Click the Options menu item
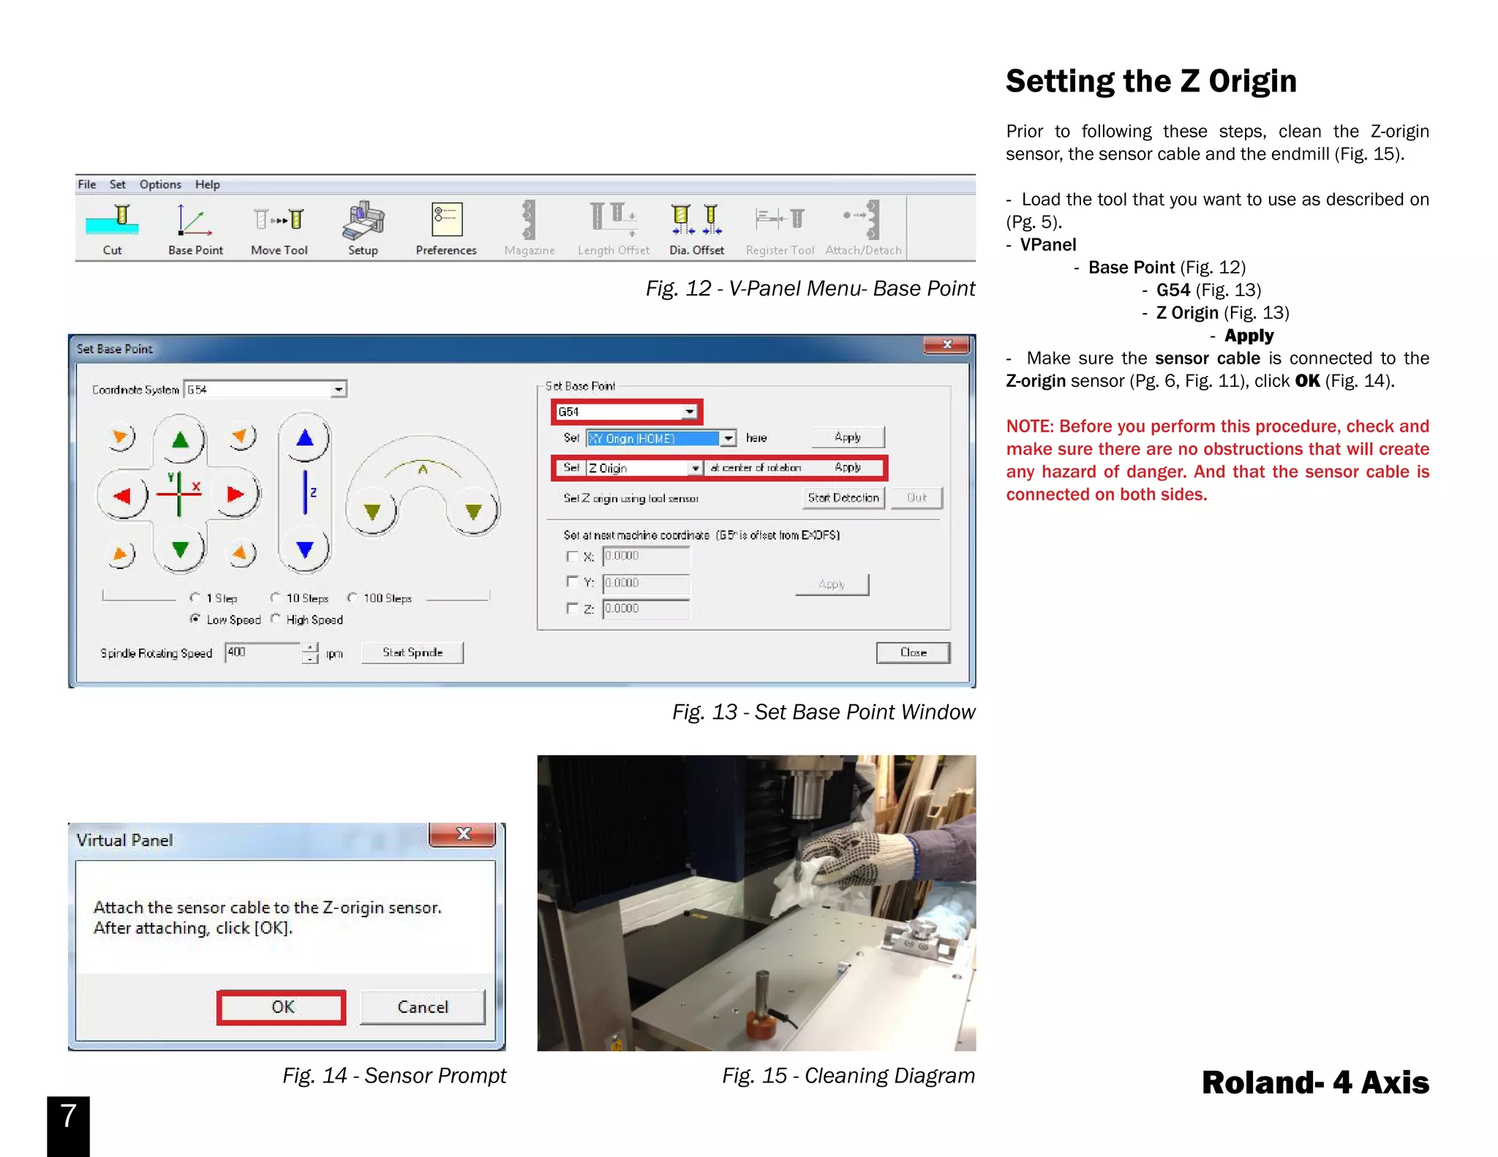(160, 184)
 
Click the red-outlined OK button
(282, 1007)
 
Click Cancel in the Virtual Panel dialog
(422, 1007)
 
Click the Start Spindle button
(413, 652)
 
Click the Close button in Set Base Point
(913, 652)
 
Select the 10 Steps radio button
(276, 598)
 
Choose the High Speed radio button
(276, 619)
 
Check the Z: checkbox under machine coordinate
(572, 608)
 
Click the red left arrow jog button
(122, 496)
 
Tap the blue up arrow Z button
(305, 439)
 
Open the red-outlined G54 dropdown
(689, 412)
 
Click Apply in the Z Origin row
(848, 467)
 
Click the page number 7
(68, 1117)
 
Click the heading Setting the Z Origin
(1151, 80)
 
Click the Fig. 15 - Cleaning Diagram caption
(848, 1075)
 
